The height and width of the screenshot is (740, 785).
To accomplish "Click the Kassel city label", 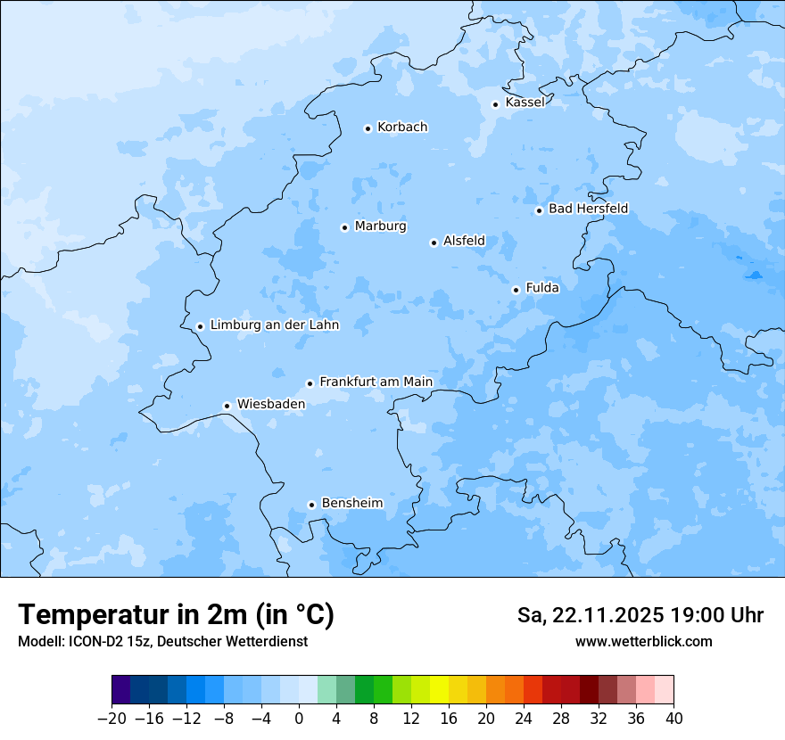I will (525, 103).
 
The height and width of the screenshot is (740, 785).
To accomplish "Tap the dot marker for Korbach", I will (368, 128).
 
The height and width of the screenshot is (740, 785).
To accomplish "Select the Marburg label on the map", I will (380, 226).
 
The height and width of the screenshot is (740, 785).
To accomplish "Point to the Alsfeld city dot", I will (434, 243).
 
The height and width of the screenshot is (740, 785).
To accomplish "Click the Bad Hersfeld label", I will (588, 210).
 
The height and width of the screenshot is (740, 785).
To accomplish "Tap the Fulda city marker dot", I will (516, 290).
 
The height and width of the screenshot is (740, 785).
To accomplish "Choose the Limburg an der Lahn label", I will (274, 325).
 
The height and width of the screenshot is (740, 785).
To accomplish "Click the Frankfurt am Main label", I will (376, 382).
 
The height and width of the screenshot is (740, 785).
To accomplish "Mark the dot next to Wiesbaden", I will (227, 406).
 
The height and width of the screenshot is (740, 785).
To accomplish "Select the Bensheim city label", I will (351, 504).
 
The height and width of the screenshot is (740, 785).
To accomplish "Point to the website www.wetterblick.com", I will (643, 642).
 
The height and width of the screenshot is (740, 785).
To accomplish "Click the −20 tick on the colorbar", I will (112, 719).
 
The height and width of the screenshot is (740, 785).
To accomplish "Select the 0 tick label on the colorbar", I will (299, 719).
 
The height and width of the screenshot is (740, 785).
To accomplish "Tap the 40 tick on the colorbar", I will (673, 719).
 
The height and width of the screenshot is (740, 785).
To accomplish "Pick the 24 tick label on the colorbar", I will (524, 719).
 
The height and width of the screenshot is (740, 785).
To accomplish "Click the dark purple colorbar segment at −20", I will (121, 690).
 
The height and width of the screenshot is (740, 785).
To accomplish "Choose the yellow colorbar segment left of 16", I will (439, 690).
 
